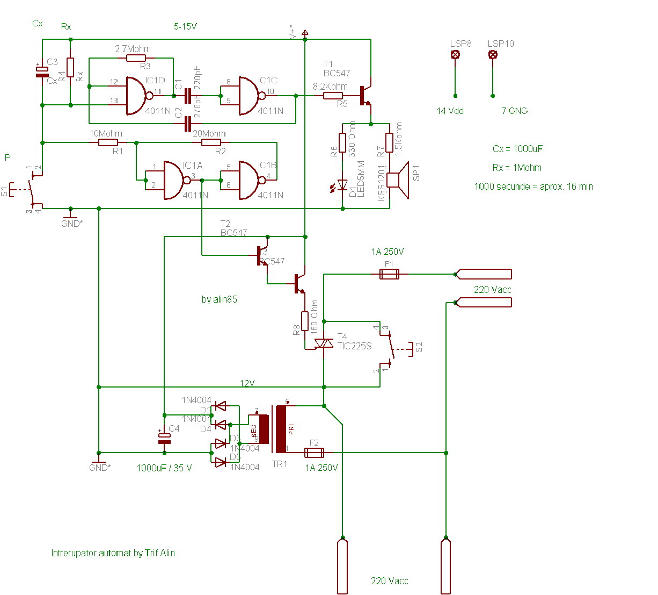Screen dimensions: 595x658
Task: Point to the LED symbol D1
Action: point(342,184)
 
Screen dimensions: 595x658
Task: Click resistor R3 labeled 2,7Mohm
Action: point(136,58)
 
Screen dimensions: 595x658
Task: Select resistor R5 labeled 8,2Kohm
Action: point(333,96)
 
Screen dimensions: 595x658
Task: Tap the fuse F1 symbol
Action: point(389,274)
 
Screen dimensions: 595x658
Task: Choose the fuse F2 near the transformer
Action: point(314,453)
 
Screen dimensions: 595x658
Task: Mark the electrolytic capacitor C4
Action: point(164,438)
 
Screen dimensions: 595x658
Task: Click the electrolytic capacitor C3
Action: point(42,71)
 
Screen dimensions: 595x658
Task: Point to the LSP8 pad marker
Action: point(455,54)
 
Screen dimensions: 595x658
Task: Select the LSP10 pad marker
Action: point(493,54)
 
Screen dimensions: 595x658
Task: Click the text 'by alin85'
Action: point(219,299)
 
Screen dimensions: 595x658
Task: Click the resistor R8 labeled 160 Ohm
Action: point(305,321)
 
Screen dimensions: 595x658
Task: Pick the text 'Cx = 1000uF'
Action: point(517,149)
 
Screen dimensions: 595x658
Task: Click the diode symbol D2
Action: point(220,406)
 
